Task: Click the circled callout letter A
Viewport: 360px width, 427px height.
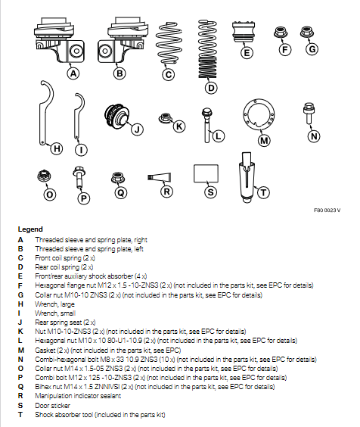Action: pyautogui.click(x=73, y=73)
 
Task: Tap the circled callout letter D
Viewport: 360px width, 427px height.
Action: pyautogui.click(x=211, y=88)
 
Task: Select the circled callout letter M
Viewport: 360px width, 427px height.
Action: pyautogui.click(x=264, y=140)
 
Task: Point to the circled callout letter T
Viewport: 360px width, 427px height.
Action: pyautogui.click(x=263, y=192)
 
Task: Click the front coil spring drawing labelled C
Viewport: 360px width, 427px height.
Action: pyautogui.click(x=169, y=44)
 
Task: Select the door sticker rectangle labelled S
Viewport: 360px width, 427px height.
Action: pyautogui.click(x=206, y=173)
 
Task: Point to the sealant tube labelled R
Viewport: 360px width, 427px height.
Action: pyautogui.click(x=160, y=177)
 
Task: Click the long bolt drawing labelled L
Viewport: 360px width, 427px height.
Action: pyautogui.click(x=206, y=125)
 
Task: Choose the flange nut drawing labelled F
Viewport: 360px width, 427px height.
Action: pyautogui.click(x=281, y=33)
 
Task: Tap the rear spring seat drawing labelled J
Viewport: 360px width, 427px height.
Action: pyautogui.click(x=117, y=117)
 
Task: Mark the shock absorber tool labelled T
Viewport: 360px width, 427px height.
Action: pyautogui.click(x=247, y=178)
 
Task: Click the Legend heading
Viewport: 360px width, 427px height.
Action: pyautogui.click(x=30, y=229)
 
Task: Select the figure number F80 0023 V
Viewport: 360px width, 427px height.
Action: pyautogui.click(x=327, y=210)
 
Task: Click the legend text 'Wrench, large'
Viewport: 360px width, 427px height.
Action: pyautogui.click(x=54, y=304)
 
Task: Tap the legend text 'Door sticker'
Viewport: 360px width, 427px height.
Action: pyautogui.click(x=52, y=405)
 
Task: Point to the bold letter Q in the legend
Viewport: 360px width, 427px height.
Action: pyautogui.click(x=20, y=387)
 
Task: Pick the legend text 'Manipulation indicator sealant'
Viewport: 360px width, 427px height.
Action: pyautogui.click(x=78, y=396)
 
